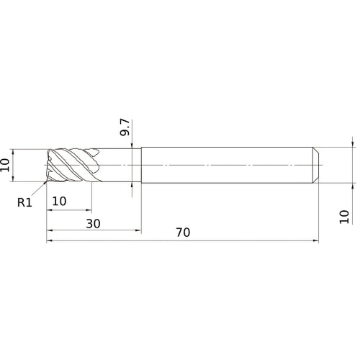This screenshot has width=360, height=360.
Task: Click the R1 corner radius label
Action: click(25, 203)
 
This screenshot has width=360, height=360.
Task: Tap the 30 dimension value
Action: click(93, 223)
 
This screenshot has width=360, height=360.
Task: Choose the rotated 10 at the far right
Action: click(344, 216)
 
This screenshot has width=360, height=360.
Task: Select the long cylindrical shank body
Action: click(227, 165)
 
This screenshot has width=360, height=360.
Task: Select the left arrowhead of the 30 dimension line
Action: click(50, 230)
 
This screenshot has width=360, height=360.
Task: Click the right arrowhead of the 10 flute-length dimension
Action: click(91, 210)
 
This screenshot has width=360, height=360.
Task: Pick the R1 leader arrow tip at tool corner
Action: click(47, 183)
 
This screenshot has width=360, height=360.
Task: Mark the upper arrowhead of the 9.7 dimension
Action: click(132, 148)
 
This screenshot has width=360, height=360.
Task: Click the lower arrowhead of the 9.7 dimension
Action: click(132, 184)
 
